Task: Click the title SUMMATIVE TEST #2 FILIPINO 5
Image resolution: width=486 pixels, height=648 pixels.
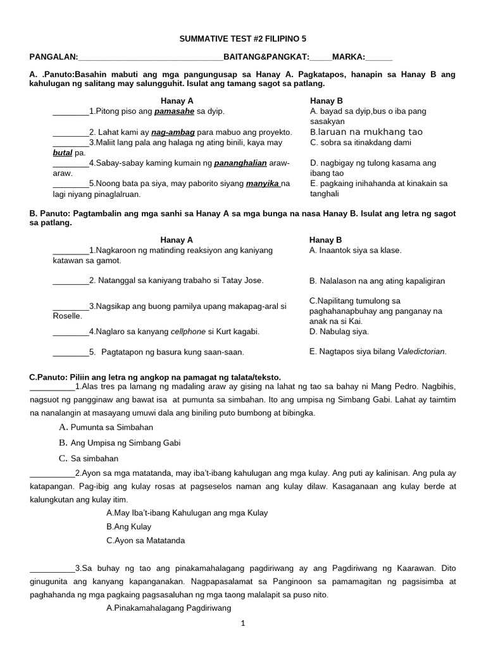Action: point(242,39)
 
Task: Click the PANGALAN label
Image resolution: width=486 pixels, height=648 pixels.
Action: point(52,56)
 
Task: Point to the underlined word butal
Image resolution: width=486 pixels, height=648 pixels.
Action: point(63,153)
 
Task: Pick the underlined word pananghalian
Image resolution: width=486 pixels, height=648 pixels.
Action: point(240,163)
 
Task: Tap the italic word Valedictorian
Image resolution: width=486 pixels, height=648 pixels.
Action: point(421,352)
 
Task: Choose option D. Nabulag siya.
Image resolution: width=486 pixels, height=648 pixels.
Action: point(339,332)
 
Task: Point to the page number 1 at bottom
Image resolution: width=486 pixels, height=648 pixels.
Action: point(242,623)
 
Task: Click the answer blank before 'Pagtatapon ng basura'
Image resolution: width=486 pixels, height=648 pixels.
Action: point(70,352)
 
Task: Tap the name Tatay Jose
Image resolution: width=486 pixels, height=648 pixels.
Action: point(246,280)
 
